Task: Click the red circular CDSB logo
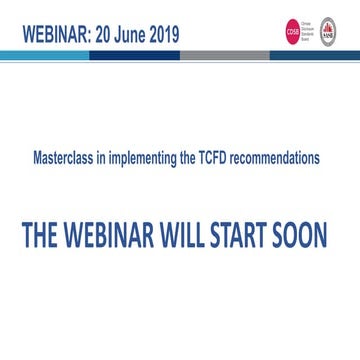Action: pyautogui.click(x=293, y=33)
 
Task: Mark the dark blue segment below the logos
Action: pyautogui.click(x=310, y=56)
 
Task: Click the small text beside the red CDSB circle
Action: pyautogui.click(x=308, y=33)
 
